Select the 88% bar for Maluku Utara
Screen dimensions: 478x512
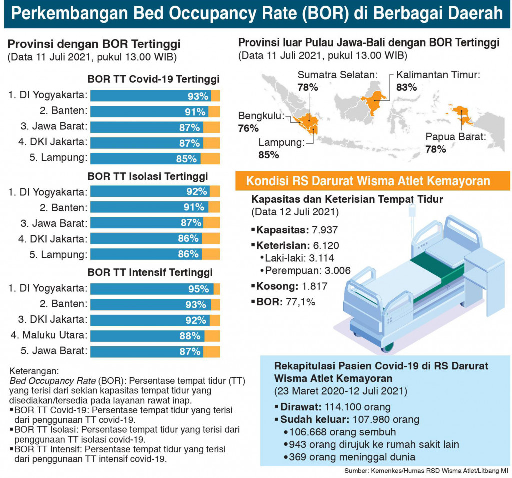click(155, 336)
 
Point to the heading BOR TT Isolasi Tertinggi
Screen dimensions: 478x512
click(148, 176)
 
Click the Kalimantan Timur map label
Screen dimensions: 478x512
click(438, 75)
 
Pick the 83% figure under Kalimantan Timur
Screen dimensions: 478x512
click(407, 87)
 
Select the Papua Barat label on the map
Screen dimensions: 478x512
click(456, 137)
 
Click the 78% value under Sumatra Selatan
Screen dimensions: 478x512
click(308, 87)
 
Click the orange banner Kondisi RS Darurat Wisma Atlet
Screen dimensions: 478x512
click(372, 181)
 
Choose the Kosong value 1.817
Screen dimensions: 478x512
click(315, 286)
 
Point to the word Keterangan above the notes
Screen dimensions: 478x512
click(34, 371)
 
